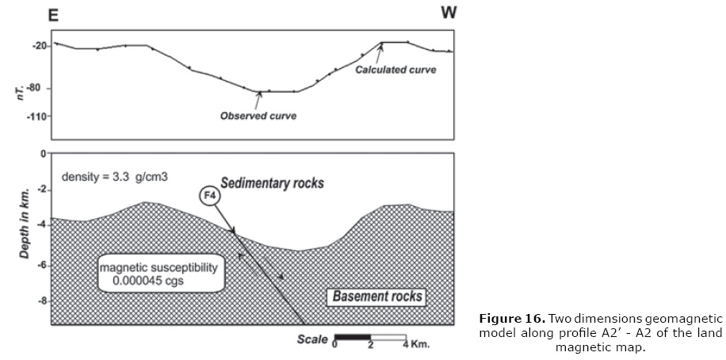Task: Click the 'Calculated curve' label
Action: coord(395,70)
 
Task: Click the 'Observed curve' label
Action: coord(258,116)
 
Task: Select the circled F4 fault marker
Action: coord(208,198)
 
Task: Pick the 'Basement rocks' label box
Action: coord(376,297)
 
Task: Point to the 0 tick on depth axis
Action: coord(43,153)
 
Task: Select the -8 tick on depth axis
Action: coord(40,301)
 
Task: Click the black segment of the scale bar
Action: coord(353,338)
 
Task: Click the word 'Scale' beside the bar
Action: coord(312,339)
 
